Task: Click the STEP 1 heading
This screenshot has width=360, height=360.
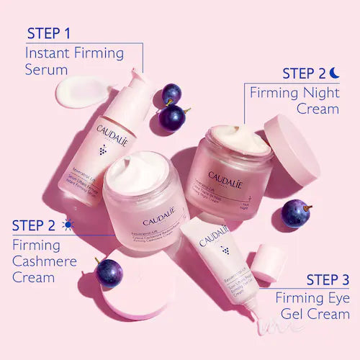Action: [49, 33]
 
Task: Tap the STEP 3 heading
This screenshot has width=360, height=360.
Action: [328, 279]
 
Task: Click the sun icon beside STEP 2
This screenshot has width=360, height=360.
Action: [68, 225]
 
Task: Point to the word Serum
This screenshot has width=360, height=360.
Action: [46, 70]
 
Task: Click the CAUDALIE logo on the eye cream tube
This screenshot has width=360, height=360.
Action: [215, 233]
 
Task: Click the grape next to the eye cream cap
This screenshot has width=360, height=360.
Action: [295, 213]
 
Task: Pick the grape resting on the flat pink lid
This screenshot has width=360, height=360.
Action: [109, 272]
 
